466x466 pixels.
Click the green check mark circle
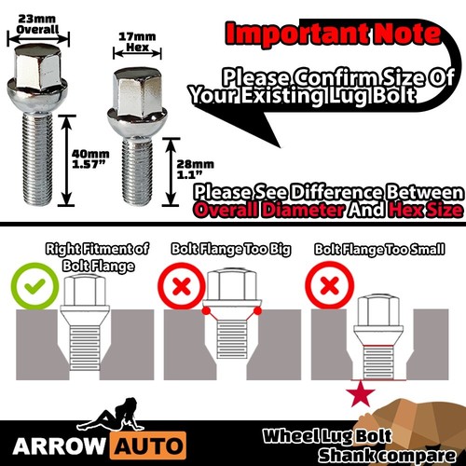click(x=29, y=281)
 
